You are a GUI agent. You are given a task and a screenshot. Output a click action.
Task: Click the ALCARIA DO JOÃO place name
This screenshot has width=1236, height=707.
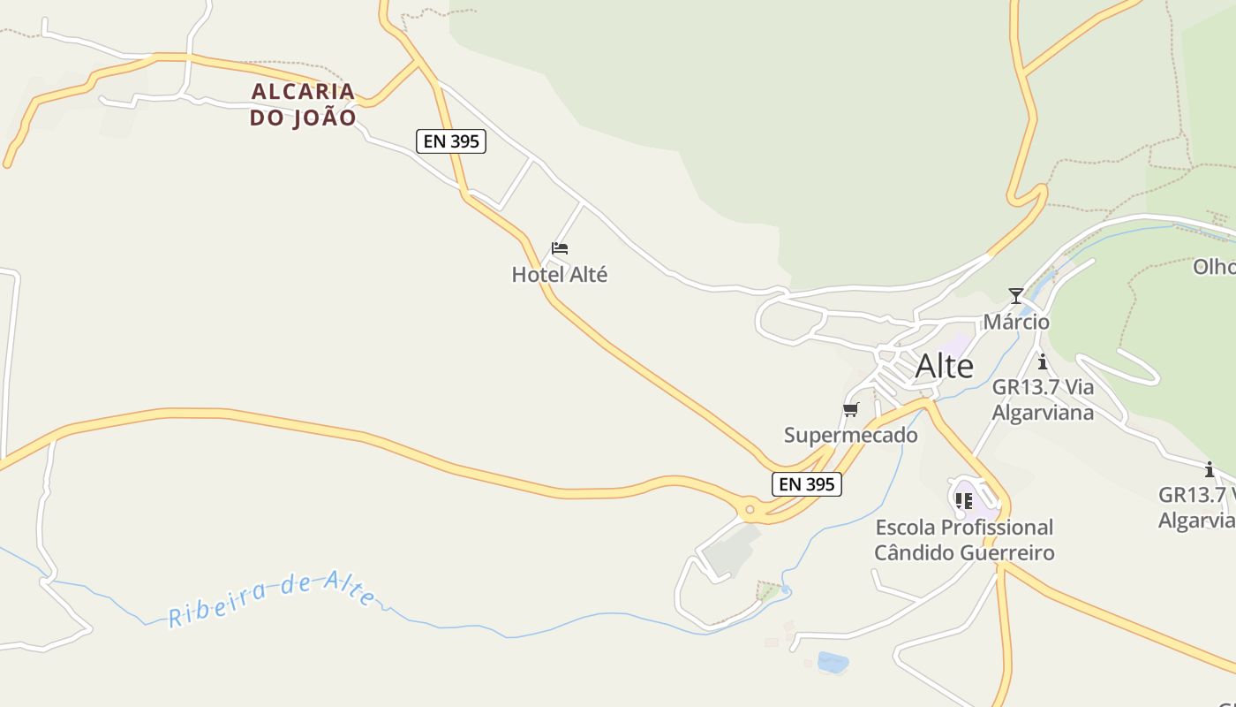(x=303, y=104)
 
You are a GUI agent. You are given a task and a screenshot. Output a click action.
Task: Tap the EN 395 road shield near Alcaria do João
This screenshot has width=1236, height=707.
(x=451, y=141)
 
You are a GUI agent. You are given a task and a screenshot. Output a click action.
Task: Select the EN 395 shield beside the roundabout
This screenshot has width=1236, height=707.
(x=807, y=484)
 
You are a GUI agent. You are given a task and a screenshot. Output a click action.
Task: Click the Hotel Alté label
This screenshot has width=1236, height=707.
(x=560, y=275)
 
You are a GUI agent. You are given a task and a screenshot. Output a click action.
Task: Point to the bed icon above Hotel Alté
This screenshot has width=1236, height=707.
(x=560, y=248)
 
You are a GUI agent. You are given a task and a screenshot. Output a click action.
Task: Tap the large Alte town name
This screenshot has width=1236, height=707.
(x=944, y=366)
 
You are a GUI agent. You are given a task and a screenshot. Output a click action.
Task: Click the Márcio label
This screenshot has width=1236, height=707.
(x=1016, y=322)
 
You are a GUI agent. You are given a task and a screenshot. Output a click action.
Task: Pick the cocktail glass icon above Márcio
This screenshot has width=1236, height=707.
(x=1016, y=296)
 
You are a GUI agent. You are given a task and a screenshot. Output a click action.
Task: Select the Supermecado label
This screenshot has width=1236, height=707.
(x=851, y=435)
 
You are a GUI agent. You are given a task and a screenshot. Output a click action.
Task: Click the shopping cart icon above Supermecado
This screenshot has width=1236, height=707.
(x=851, y=409)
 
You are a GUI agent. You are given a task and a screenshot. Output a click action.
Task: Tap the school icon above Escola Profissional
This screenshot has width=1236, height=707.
(x=964, y=501)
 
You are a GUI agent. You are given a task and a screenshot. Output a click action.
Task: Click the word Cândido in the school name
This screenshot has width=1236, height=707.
(x=914, y=553)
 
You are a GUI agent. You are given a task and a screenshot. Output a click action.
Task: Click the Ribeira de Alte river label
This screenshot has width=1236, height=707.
(x=272, y=598)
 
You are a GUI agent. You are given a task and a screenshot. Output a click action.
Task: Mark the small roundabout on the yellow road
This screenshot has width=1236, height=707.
(x=750, y=510)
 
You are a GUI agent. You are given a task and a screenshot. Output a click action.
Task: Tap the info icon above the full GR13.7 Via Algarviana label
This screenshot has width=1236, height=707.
(x=1043, y=361)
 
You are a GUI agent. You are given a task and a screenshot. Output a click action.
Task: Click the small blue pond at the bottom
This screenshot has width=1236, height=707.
(x=833, y=662)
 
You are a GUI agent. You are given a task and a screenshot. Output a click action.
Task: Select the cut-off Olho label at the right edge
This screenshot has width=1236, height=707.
(x=1214, y=267)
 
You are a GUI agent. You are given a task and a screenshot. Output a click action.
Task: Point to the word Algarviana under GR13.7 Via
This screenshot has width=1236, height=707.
(x=1043, y=413)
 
